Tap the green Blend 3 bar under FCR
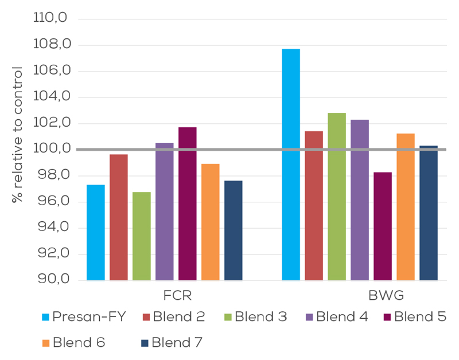pyautogui.click(x=141, y=236)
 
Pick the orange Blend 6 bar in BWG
pyautogui.click(x=405, y=207)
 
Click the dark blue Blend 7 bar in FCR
pyautogui.click(x=233, y=230)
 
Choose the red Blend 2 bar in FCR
pyautogui.click(x=118, y=217)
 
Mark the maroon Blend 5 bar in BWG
pyautogui.click(x=382, y=226)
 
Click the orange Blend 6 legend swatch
pyautogui.click(x=46, y=343)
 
